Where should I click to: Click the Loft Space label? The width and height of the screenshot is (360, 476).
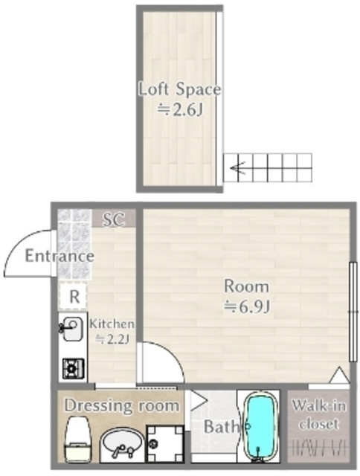[x=180, y=89]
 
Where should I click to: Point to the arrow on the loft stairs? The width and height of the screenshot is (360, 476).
[x=239, y=167]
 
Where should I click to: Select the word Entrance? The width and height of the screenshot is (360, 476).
[x=60, y=256]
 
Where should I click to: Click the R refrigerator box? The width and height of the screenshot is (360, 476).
[x=73, y=297]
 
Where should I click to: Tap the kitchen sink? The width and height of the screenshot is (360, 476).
[x=71, y=329]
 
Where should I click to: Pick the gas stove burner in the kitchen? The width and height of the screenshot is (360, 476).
[x=73, y=369]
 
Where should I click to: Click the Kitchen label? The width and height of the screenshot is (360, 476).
[x=112, y=324]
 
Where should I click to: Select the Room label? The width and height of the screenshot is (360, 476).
[x=246, y=286]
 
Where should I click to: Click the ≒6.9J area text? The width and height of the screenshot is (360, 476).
[x=247, y=307]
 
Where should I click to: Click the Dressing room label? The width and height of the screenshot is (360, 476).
[x=122, y=405]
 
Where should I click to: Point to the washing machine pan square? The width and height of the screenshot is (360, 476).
[x=165, y=444]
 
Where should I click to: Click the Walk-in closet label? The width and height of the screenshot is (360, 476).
[x=318, y=414]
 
